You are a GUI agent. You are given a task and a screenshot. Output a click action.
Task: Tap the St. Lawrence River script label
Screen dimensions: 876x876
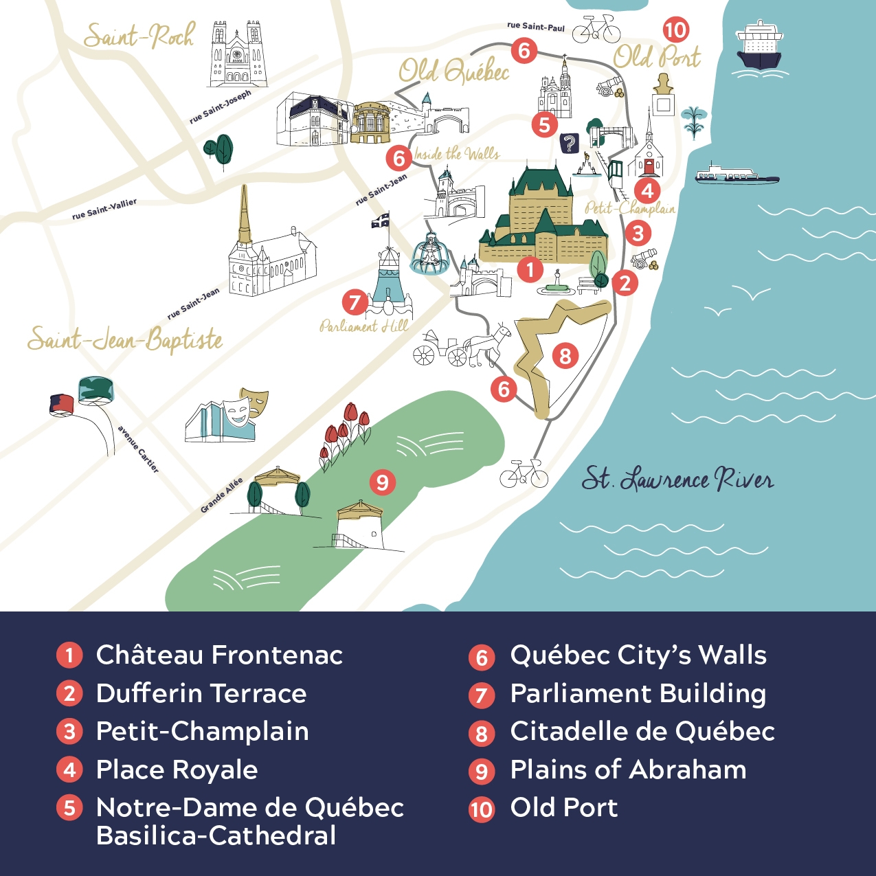pyautogui.click(x=677, y=479)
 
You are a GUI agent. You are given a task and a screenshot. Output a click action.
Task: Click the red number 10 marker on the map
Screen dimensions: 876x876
pyautogui.click(x=675, y=30)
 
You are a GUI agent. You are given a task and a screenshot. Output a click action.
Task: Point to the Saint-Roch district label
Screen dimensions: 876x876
pyautogui.click(x=139, y=36)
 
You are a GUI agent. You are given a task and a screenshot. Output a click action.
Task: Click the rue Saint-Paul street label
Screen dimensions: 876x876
pyautogui.click(x=535, y=26)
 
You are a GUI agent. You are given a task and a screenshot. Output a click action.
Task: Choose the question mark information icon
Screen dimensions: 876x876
pyautogui.click(x=569, y=144)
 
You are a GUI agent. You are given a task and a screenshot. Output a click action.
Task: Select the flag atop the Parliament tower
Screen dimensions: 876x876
pyautogui.click(x=380, y=221)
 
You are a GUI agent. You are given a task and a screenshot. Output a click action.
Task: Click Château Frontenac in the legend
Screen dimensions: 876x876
pyautogui.click(x=219, y=655)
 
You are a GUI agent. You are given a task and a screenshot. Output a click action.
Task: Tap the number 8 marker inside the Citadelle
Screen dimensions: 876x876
pyautogui.click(x=565, y=355)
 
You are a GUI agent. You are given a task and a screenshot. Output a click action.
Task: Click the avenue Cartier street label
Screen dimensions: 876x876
pyautogui.click(x=138, y=449)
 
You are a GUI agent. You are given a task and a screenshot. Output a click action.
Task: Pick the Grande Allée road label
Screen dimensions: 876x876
pyautogui.click(x=221, y=495)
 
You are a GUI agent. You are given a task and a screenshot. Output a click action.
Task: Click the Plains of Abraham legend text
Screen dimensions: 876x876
pyautogui.click(x=628, y=770)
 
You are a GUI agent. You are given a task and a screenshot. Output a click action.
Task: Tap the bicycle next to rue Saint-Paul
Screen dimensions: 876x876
pyautogui.click(x=596, y=30)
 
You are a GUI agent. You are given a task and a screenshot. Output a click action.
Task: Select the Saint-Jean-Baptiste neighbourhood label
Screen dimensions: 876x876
pyautogui.click(x=125, y=339)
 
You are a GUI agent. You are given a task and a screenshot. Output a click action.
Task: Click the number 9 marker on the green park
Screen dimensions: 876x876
pyautogui.click(x=382, y=482)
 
